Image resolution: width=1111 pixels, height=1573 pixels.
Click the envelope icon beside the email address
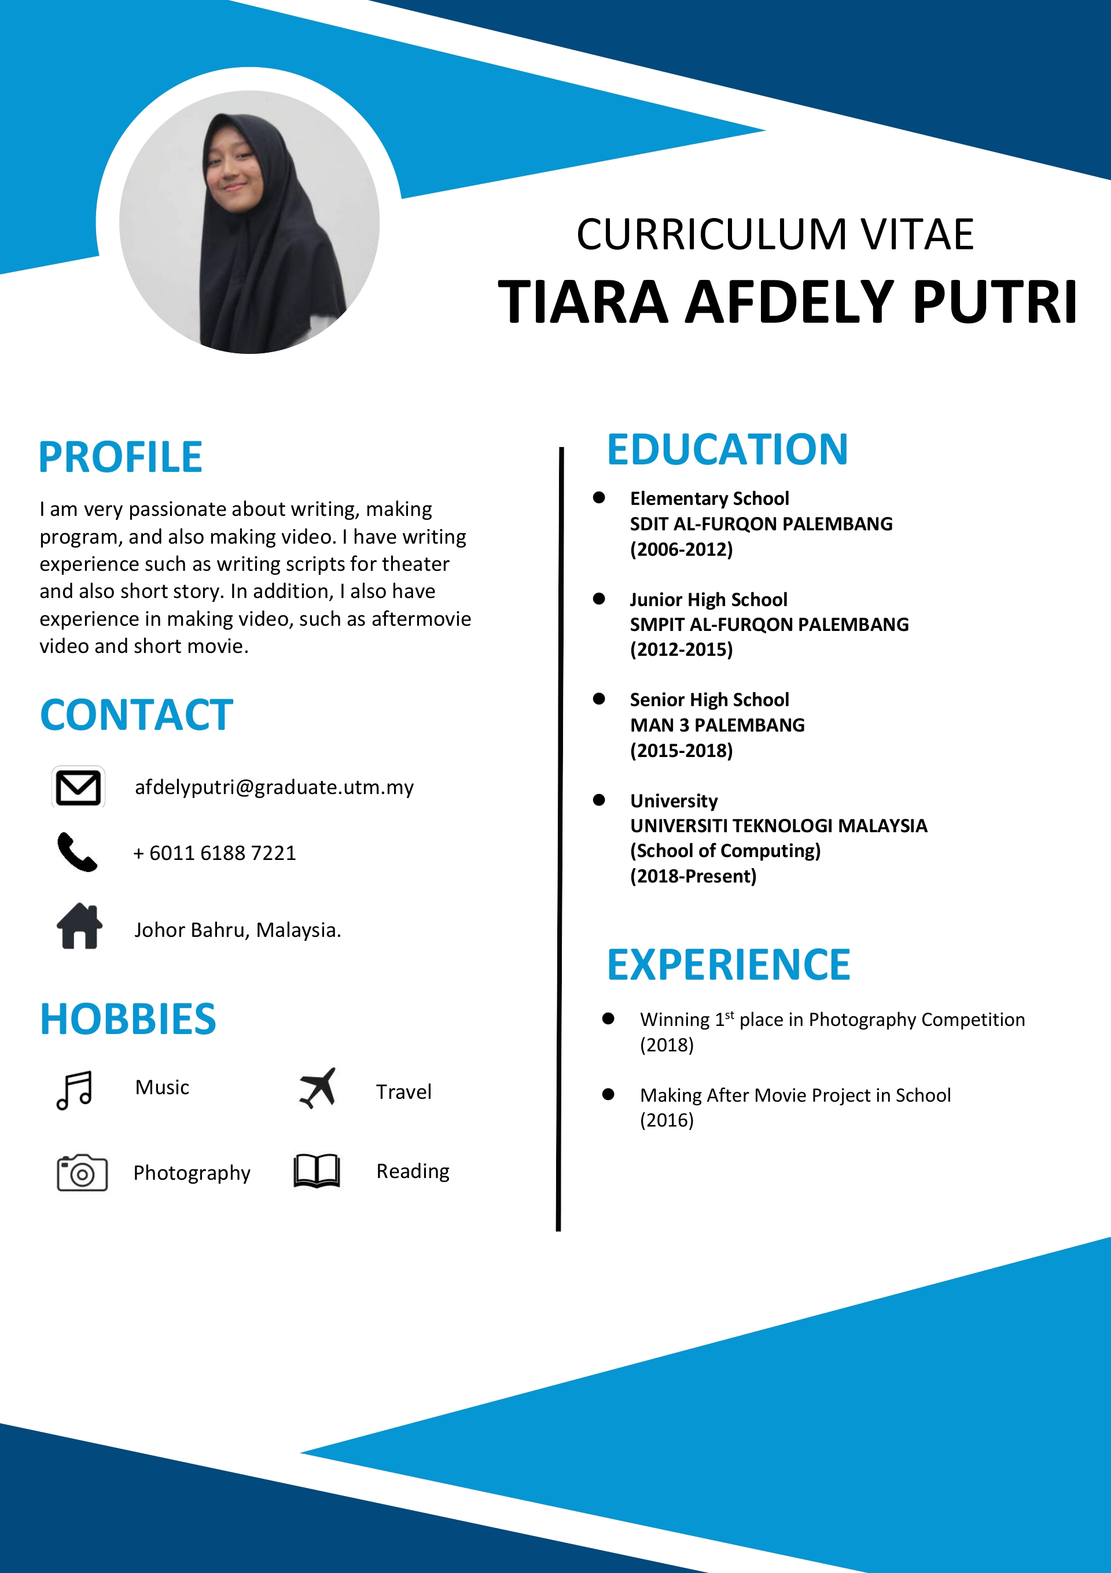click(78, 787)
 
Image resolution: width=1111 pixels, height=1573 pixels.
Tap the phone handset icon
click(77, 852)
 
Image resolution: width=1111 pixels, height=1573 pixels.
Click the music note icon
click(74, 1090)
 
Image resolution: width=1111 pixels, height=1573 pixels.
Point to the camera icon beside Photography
click(82, 1173)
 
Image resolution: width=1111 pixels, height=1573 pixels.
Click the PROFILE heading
click(120, 457)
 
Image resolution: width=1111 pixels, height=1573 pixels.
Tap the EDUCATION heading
click(727, 449)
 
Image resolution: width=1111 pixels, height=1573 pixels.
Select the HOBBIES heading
click(128, 1019)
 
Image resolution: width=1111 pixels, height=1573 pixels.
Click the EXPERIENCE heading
click(729, 965)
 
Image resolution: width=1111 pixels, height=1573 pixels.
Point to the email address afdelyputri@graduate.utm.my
click(274, 787)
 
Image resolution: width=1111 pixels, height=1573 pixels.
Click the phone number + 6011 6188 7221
click(215, 853)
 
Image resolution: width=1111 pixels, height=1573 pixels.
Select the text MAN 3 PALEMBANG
click(717, 725)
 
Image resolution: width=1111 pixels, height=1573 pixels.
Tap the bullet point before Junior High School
click(599, 599)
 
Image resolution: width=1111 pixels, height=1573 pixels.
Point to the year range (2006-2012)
click(681, 549)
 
